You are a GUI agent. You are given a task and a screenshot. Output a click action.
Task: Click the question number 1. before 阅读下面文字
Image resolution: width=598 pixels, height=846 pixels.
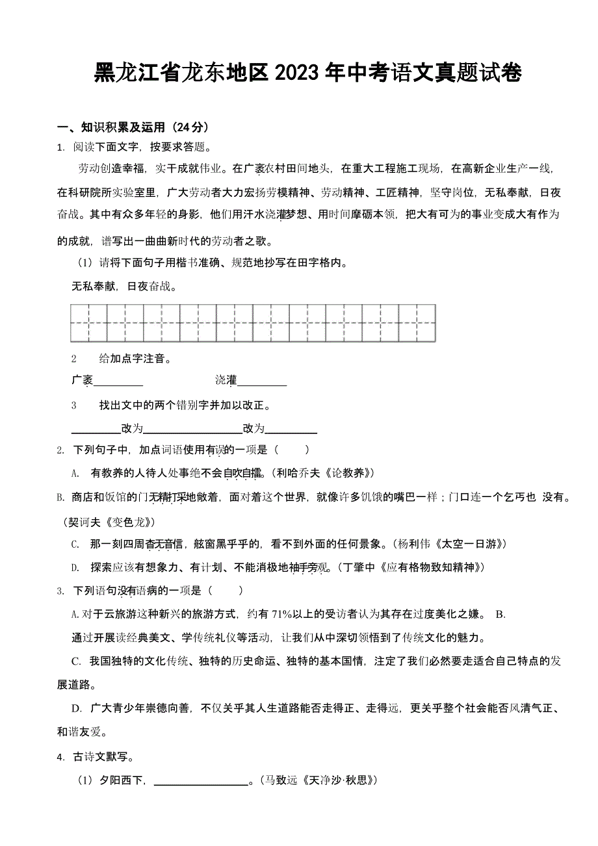point(60,147)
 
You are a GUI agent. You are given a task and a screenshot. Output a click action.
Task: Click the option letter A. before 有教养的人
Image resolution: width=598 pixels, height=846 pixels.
point(75,473)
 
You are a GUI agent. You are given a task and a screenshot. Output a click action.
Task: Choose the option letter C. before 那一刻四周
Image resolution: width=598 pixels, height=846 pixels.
point(75,544)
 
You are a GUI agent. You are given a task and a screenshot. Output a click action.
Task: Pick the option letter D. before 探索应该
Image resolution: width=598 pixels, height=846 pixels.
point(75,567)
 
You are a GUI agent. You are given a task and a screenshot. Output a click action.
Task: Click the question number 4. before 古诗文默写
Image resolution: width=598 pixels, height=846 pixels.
point(60,756)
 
